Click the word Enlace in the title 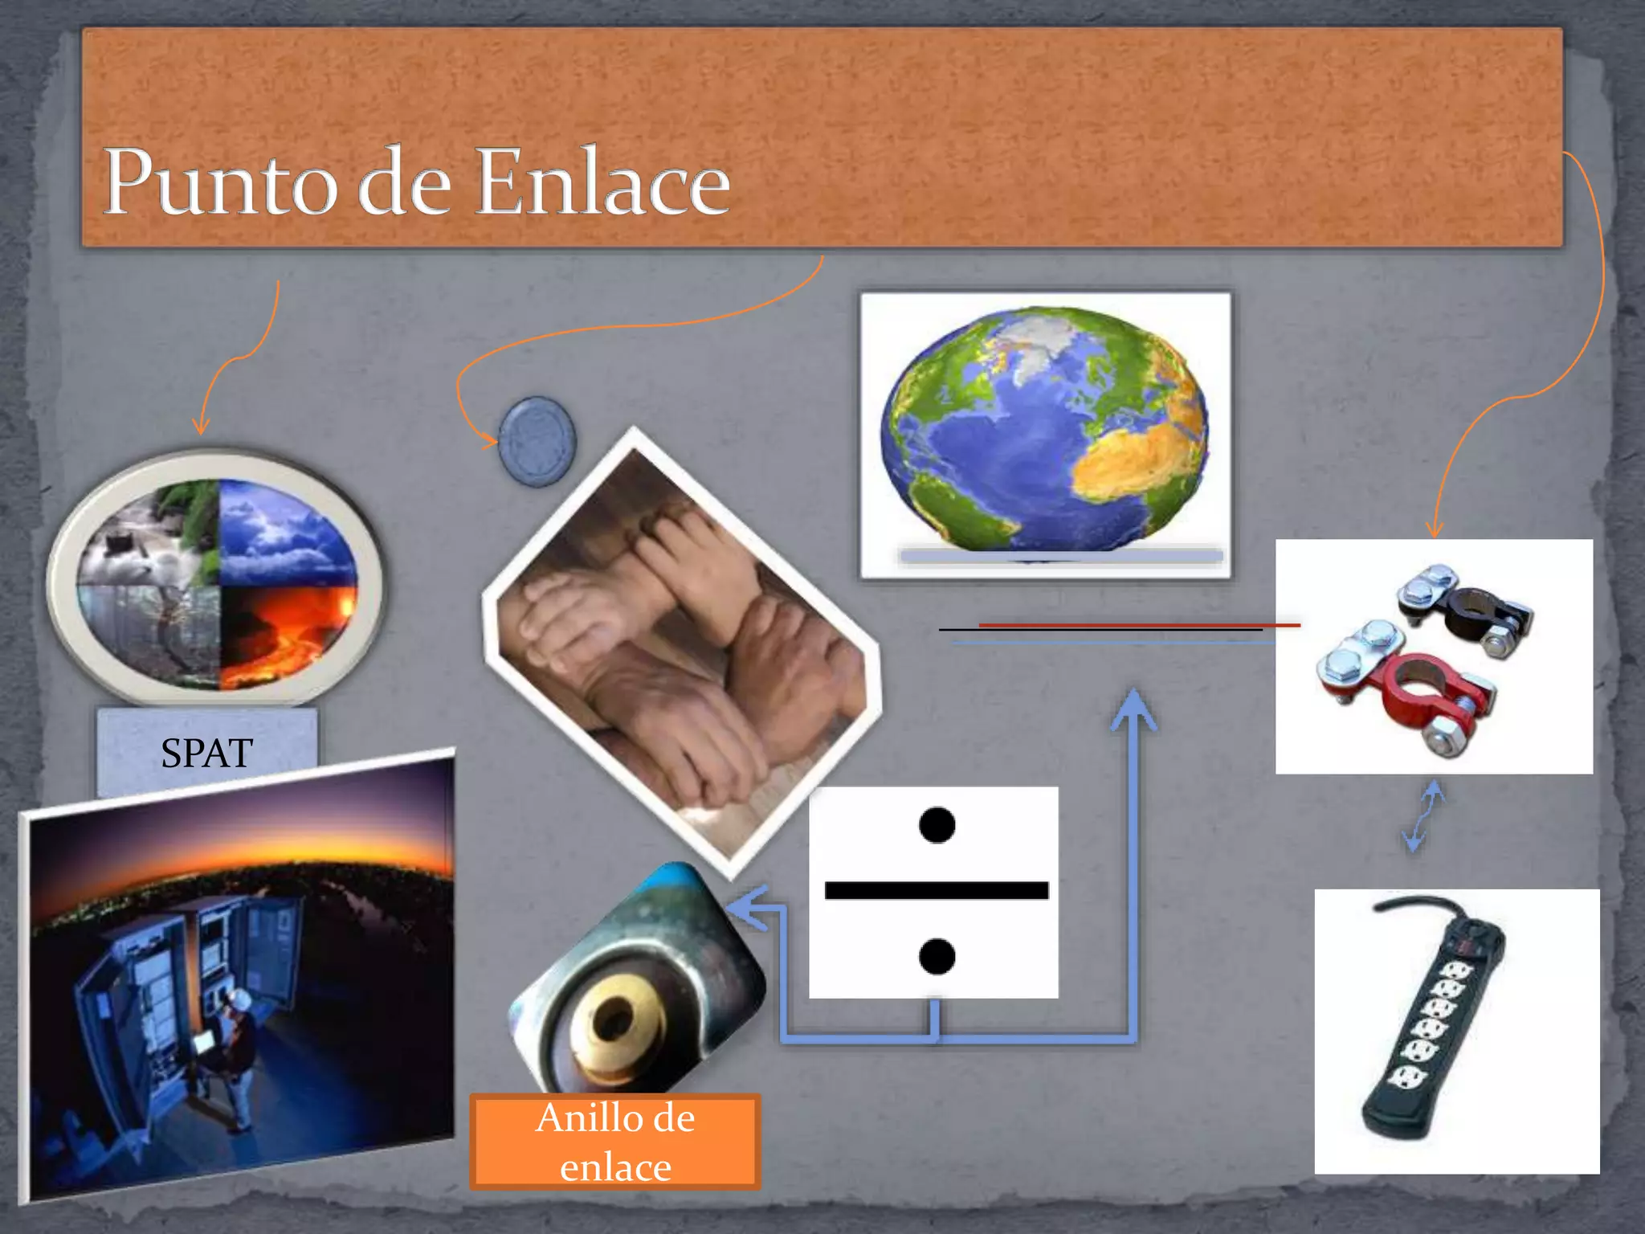coord(602,183)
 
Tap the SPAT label coord(206,753)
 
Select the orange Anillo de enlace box coord(615,1142)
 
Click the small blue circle coord(537,441)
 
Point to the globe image coord(1044,430)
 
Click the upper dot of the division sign coord(937,825)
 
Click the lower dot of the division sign coord(937,956)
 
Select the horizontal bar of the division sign coord(937,890)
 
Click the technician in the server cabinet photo coord(233,1044)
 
